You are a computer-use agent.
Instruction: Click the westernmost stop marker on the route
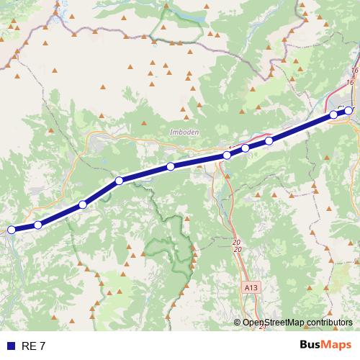pyautogui.click(x=11, y=230)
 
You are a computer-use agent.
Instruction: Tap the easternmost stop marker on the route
pyautogui.click(x=349, y=110)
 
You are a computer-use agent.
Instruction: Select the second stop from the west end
pyautogui.click(x=38, y=225)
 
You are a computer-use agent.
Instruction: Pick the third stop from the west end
pyautogui.click(x=83, y=205)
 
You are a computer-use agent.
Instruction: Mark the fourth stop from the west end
pyautogui.click(x=120, y=180)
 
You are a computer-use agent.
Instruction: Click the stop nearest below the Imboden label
pyautogui.click(x=171, y=167)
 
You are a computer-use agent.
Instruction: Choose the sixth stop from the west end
pyautogui.click(x=227, y=155)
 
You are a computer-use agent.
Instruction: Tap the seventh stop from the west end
pyautogui.click(x=246, y=148)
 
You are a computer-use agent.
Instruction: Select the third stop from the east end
pyautogui.click(x=269, y=140)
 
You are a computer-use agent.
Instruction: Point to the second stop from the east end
pyautogui.click(x=333, y=114)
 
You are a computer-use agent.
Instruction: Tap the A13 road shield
pyautogui.click(x=251, y=287)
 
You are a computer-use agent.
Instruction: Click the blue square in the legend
pyautogui.click(x=11, y=346)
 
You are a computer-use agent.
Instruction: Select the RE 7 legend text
pyautogui.click(x=33, y=346)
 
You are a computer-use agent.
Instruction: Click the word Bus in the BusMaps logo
pyautogui.click(x=311, y=345)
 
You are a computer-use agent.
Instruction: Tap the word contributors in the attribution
pyautogui.click(x=330, y=323)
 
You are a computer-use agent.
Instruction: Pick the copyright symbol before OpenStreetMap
pyautogui.click(x=237, y=323)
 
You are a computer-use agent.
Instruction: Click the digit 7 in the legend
pyautogui.click(x=42, y=346)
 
